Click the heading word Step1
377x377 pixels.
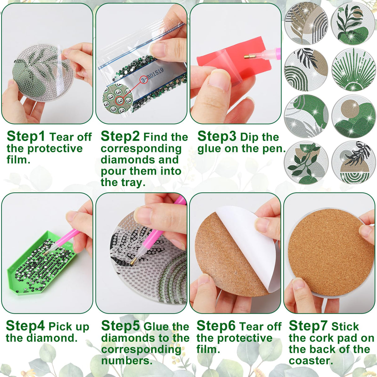[x=26, y=136]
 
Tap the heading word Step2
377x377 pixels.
[x=120, y=136]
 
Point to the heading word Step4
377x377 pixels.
[x=25, y=326]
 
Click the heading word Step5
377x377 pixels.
[x=120, y=326]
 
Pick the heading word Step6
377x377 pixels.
[x=216, y=326]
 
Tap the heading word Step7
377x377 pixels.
[x=308, y=326]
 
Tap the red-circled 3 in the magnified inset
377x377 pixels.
[x=119, y=101]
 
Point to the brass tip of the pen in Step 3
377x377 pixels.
[x=248, y=57]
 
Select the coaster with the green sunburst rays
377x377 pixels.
[x=353, y=70]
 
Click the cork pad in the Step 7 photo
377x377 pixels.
[x=331, y=252]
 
